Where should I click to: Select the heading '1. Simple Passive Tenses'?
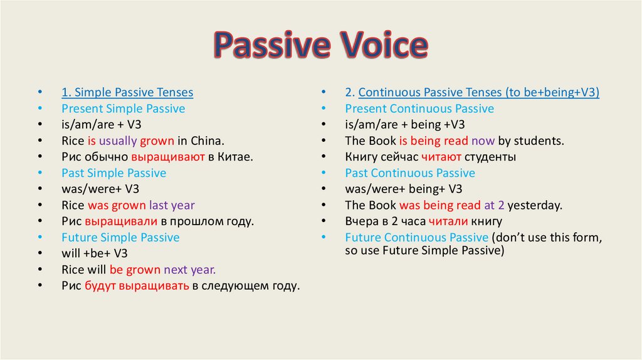pyautogui.click(x=127, y=92)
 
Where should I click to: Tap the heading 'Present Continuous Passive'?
pyautogui.click(x=419, y=109)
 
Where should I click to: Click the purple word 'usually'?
pyautogui.click(x=118, y=141)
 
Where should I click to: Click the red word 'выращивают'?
pyautogui.click(x=168, y=157)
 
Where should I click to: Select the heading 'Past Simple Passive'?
pyautogui.click(x=114, y=173)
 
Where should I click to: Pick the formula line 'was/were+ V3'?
pyautogui.click(x=100, y=189)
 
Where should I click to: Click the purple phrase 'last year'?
pyautogui.click(x=172, y=205)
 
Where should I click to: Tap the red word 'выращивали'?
pyautogui.click(x=121, y=221)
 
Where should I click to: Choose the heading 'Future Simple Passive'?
pyautogui.click(x=120, y=238)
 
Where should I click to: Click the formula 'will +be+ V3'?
pyautogui.click(x=95, y=253)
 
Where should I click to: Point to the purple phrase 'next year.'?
pyautogui.click(x=189, y=270)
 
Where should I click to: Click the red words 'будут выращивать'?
pyautogui.click(x=137, y=286)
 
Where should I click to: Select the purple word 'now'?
pyautogui.click(x=483, y=141)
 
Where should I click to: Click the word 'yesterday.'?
pyautogui.click(x=535, y=205)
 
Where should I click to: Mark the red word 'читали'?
pyautogui.click(x=448, y=221)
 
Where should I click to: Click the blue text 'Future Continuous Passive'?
pyautogui.click(x=417, y=238)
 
